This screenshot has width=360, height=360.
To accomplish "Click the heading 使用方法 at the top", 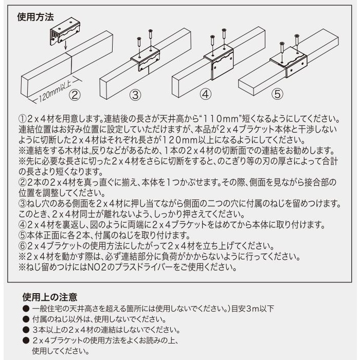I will (x=35, y=16).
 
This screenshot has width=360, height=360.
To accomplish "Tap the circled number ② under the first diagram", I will (x=75, y=94).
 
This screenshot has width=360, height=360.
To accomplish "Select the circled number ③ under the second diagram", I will (x=135, y=94).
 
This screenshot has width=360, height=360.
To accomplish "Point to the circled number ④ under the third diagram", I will (x=205, y=94).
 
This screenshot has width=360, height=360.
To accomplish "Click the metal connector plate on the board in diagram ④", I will (x=218, y=61).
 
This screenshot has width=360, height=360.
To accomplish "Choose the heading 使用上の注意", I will (x=50, y=297).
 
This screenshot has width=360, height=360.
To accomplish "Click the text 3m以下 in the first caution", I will (x=261, y=309).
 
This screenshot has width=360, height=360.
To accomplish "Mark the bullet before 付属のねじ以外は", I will (x=25, y=319).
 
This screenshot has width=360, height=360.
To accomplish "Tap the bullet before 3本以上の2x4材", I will (x=25, y=330).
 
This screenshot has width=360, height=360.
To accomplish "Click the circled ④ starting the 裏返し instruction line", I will (x=22, y=225).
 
